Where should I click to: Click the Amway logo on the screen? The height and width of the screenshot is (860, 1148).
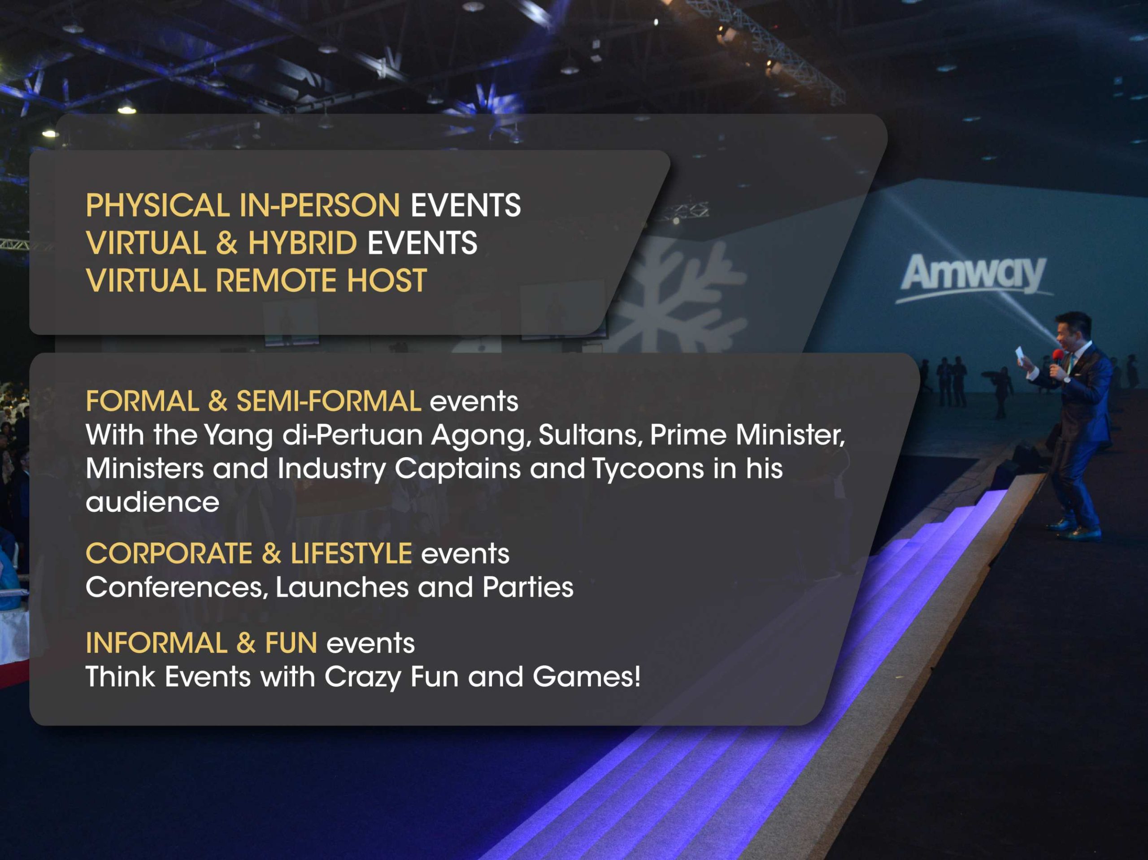[x=974, y=276]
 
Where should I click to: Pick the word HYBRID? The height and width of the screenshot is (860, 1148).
[x=303, y=243]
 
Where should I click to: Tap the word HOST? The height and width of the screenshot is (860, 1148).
[x=387, y=281]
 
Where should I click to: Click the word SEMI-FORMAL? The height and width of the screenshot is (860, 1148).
[x=329, y=401]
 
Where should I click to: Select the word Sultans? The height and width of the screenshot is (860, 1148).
[x=590, y=435]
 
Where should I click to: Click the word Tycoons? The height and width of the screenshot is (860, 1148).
[x=648, y=468]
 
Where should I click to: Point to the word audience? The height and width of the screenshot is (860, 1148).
[x=152, y=502]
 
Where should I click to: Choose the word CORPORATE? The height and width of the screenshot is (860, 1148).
[x=169, y=553]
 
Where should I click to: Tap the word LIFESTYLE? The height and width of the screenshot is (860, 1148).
[x=352, y=553]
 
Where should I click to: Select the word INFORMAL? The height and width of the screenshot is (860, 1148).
[x=156, y=643]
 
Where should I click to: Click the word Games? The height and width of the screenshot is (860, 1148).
[x=587, y=677]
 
